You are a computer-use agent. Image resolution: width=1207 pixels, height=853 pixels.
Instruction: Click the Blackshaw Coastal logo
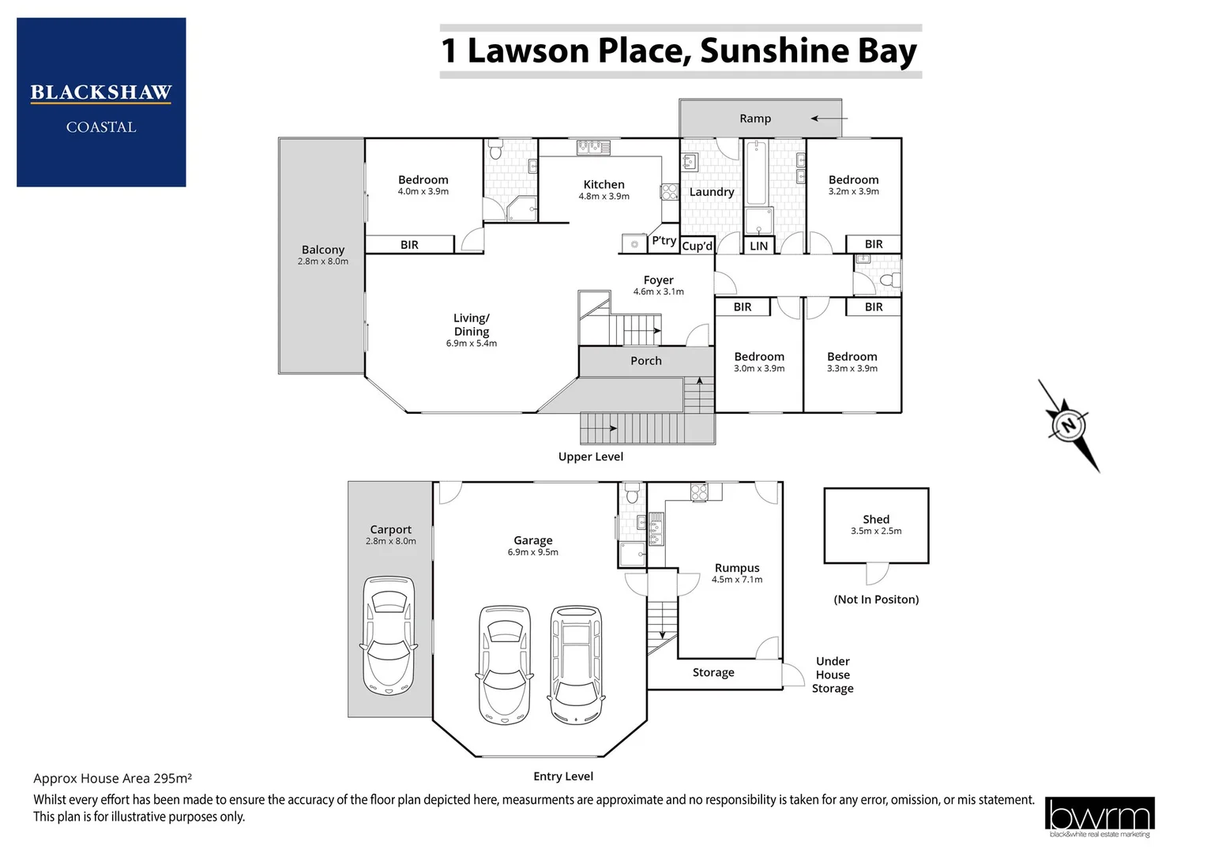[101, 103]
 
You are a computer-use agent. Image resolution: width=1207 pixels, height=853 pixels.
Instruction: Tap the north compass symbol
[1068, 426]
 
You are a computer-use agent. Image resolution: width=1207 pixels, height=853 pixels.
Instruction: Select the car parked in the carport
[388, 636]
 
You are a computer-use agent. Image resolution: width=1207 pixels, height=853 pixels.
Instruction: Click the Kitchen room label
[603, 184]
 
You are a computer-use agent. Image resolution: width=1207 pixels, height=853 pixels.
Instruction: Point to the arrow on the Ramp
[828, 119]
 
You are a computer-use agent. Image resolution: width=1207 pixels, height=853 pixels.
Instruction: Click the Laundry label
[711, 192]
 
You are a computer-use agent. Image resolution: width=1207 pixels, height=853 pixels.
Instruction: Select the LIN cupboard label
[758, 246]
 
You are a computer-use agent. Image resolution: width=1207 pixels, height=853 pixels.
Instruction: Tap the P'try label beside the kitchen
[664, 241]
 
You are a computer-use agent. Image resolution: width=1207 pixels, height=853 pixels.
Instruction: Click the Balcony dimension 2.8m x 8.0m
[322, 261]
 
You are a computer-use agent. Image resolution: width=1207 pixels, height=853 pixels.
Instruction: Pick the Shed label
[875, 519]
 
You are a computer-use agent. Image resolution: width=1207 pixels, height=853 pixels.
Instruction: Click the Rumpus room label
[736, 568]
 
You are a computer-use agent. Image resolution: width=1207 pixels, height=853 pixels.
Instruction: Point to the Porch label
[645, 361]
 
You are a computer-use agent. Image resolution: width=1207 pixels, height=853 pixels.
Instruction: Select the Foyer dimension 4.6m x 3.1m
[658, 291]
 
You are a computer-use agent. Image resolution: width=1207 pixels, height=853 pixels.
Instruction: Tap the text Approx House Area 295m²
[112, 778]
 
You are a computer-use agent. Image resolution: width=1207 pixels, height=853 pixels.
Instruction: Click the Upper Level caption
[590, 457]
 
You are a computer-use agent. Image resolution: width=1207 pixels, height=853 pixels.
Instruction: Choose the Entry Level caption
[562, 776]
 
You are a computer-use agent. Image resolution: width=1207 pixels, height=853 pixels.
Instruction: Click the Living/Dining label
[471, 325]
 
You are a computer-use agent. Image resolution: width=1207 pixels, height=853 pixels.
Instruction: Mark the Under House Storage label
[833, 675]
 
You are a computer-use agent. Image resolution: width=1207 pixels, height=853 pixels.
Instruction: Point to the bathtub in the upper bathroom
[756, 172]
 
